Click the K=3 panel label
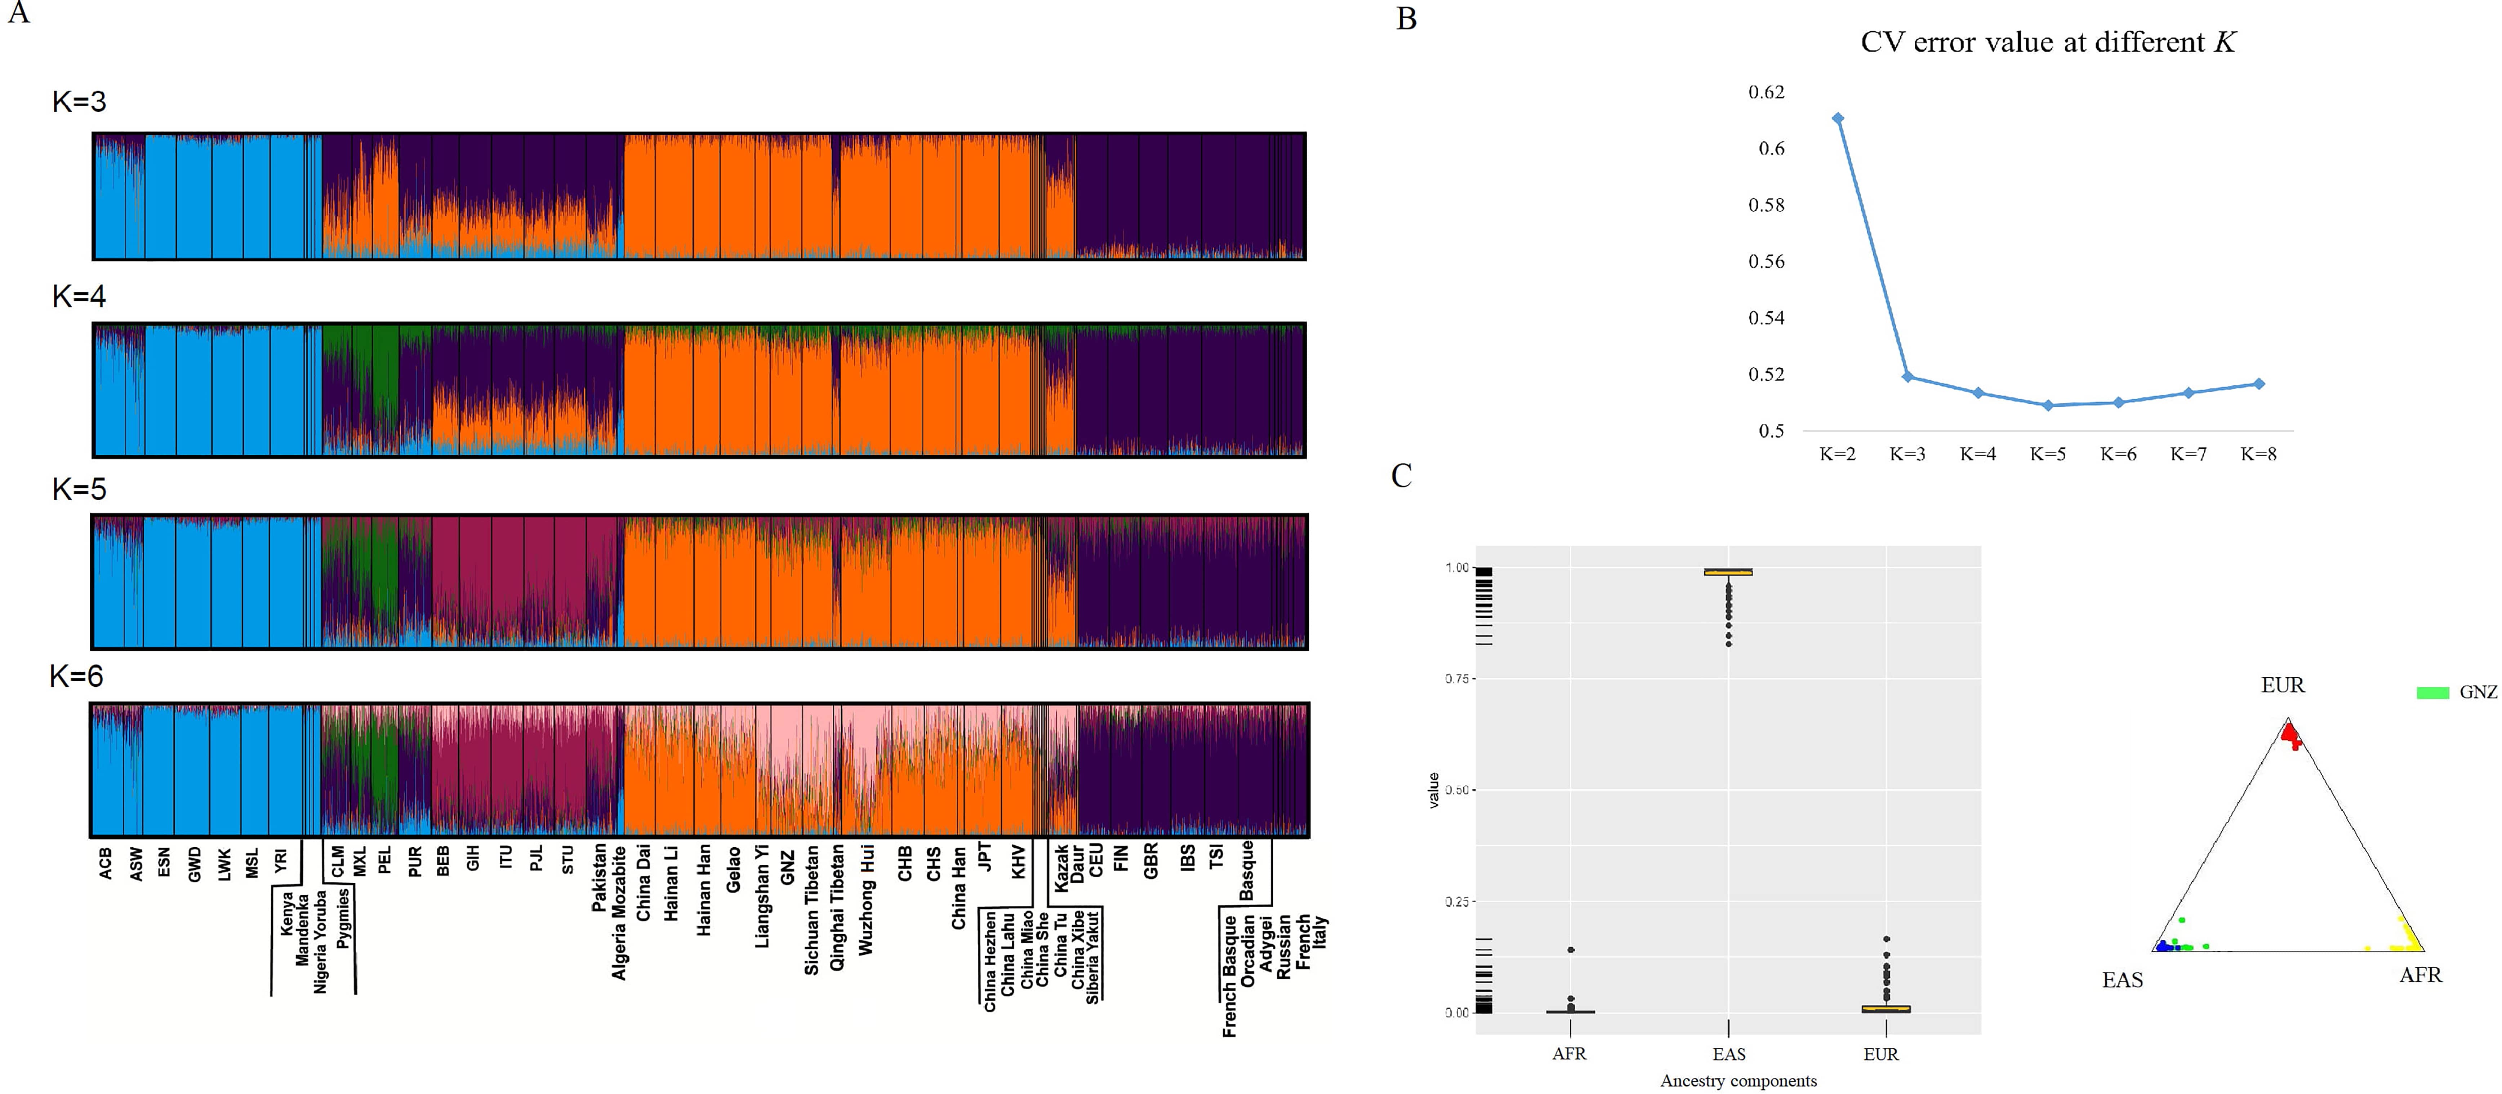(x=79, y=101)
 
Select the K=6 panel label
(x=76, y=675)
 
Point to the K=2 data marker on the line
(x=1838, y=119)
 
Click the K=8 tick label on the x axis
(x=2258, y=454)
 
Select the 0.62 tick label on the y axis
(x=1766, y=92)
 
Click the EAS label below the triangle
(x=2122, y=979)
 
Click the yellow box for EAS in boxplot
(x=1728, y=572)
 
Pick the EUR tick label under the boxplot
(x=1880, y=1054)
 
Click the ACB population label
(x=105, y=863)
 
